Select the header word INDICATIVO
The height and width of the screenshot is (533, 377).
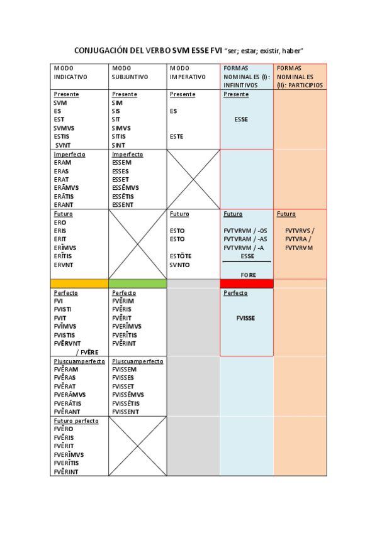[70, 77]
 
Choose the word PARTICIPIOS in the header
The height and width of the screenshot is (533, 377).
[307, 85]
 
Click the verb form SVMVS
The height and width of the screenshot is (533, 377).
[64, 128]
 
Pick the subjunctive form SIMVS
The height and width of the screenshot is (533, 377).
[122, 128]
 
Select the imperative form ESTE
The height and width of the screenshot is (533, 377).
[177, 136]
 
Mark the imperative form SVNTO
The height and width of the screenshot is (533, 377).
[179, 265]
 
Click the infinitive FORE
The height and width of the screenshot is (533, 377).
[247, 275]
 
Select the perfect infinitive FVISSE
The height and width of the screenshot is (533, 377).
[245, 318]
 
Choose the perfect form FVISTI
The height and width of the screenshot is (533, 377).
[64, 309]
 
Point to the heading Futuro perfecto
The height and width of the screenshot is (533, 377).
[76, 420]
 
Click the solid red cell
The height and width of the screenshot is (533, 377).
[247, 283]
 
